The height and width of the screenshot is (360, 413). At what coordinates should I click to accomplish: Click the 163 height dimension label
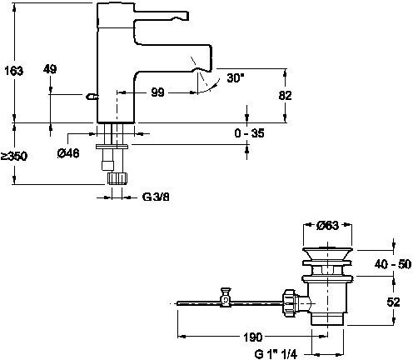14,71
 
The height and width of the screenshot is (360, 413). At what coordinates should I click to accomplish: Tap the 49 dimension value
50,69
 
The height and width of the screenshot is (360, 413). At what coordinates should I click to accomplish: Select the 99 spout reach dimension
157,92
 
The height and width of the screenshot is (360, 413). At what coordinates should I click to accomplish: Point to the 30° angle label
236,77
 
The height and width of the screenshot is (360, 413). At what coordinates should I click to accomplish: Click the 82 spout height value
285,96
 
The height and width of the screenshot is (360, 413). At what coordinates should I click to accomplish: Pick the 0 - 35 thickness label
249,133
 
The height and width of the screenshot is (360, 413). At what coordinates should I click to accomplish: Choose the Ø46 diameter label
68,153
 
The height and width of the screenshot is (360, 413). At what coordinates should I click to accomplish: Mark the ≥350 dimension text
14,156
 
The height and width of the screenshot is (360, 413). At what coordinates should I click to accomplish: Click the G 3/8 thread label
156,197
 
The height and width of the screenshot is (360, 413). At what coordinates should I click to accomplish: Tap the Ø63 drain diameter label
327,226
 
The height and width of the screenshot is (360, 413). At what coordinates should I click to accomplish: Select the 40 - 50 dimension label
393,264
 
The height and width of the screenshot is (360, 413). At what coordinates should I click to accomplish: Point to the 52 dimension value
393,302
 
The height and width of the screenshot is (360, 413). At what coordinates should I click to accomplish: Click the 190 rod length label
252,337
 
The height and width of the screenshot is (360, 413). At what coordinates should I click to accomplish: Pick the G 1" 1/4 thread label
276,354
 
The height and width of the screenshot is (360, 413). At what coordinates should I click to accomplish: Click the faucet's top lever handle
161,16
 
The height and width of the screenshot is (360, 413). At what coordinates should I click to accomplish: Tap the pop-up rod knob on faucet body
92,97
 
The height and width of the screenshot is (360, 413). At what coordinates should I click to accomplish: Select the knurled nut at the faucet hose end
117,178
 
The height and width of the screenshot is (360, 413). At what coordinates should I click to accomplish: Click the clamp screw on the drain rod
226,297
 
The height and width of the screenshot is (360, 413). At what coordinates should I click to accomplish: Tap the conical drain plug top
327,253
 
